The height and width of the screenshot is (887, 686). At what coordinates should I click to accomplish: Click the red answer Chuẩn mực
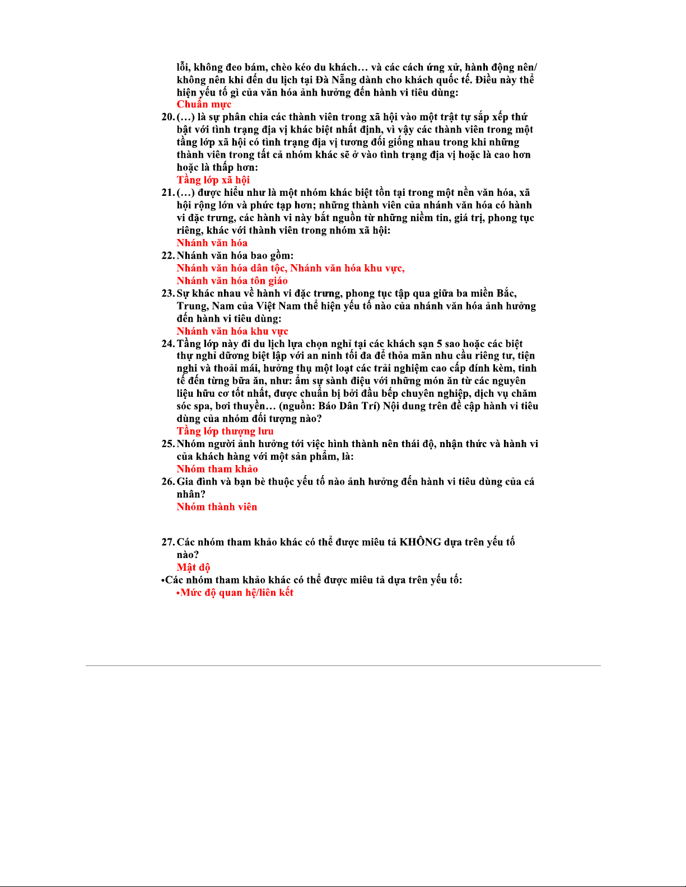click(x=204, y=105)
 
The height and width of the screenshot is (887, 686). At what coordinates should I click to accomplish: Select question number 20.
click(x=168, y=117)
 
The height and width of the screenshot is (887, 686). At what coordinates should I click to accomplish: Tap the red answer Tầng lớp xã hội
click(x=213, y=180)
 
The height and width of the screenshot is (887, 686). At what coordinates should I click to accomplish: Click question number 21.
click(x=168, y=193)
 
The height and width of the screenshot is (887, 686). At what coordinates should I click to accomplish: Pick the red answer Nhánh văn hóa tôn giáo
click(x=232, y=281)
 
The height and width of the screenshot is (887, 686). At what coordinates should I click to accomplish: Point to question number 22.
click(x=168, y=256)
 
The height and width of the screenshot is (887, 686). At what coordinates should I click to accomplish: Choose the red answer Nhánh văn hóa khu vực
click(x=232, y=331)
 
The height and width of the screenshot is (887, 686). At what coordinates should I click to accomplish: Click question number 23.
click(x=168, y=293)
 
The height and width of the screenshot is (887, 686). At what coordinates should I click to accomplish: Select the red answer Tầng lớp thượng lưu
click(x=225, y=431)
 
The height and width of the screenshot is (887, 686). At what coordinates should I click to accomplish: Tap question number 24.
click(x=168, y=344)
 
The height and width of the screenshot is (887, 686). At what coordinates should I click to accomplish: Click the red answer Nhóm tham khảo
click(x=217, y=469)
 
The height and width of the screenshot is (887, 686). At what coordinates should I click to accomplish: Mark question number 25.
click(x=168, y=444)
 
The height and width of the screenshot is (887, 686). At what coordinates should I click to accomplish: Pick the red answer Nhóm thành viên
click(x=217, y=507)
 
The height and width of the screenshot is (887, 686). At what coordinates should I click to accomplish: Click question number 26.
click(x=168, y=482)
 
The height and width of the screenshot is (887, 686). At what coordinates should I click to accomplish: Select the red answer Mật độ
click(x=193, y=567)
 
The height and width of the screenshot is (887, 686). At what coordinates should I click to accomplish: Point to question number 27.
click(x=168, y=542)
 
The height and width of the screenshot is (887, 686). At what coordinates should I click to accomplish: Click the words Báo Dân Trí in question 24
click(x=347, y=406)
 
